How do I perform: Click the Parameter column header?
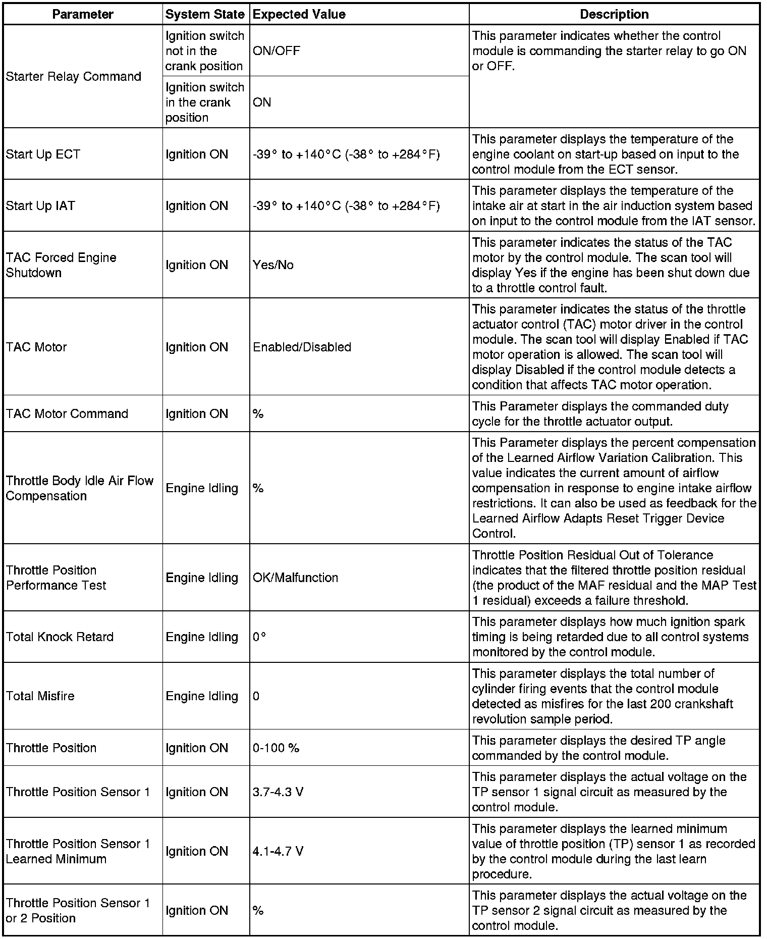(83, 14)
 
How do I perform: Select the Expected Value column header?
(299, 14)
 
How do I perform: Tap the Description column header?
(614, 14)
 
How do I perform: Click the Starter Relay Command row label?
(73, 76)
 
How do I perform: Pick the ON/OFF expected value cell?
(276, 50)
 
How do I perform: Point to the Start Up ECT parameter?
(43, 154)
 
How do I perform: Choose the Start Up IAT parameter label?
(40, 205)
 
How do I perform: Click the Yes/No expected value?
(273, 265)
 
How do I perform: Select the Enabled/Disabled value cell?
(302, 347)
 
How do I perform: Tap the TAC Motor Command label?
(67, 413)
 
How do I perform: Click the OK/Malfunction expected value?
(295, 578)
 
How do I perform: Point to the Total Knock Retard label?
(60, 637)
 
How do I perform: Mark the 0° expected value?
(259, 637)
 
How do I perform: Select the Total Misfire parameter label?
(40, 696)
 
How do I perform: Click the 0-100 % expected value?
(276, 748)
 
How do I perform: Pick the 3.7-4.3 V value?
(278, 792)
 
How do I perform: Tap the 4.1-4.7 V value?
(278, 851)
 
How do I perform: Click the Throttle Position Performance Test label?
(56, 578)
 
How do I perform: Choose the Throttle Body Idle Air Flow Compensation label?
(79, 488)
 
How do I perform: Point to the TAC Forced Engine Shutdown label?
(61, 265)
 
